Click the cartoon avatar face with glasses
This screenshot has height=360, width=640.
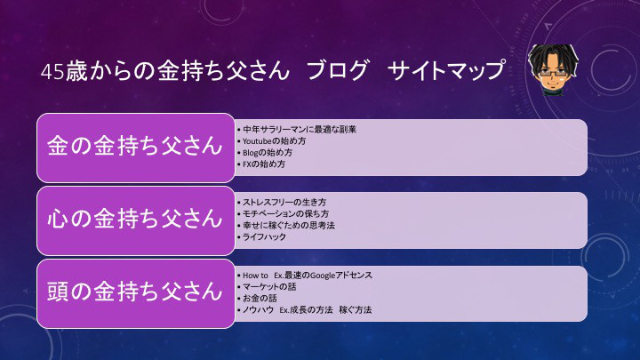point(553,69)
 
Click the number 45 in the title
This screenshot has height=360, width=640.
point(52,72)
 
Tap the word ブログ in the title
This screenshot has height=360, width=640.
point(338,70)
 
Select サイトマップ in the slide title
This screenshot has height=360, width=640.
point(446,70)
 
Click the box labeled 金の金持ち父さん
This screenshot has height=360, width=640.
point(135,148)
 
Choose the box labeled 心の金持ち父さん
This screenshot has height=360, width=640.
point(135,220)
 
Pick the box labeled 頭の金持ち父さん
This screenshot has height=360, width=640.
point(135,293)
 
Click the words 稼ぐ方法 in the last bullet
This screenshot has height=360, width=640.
point(356,310)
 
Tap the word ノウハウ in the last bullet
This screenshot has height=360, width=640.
point(258,310)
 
